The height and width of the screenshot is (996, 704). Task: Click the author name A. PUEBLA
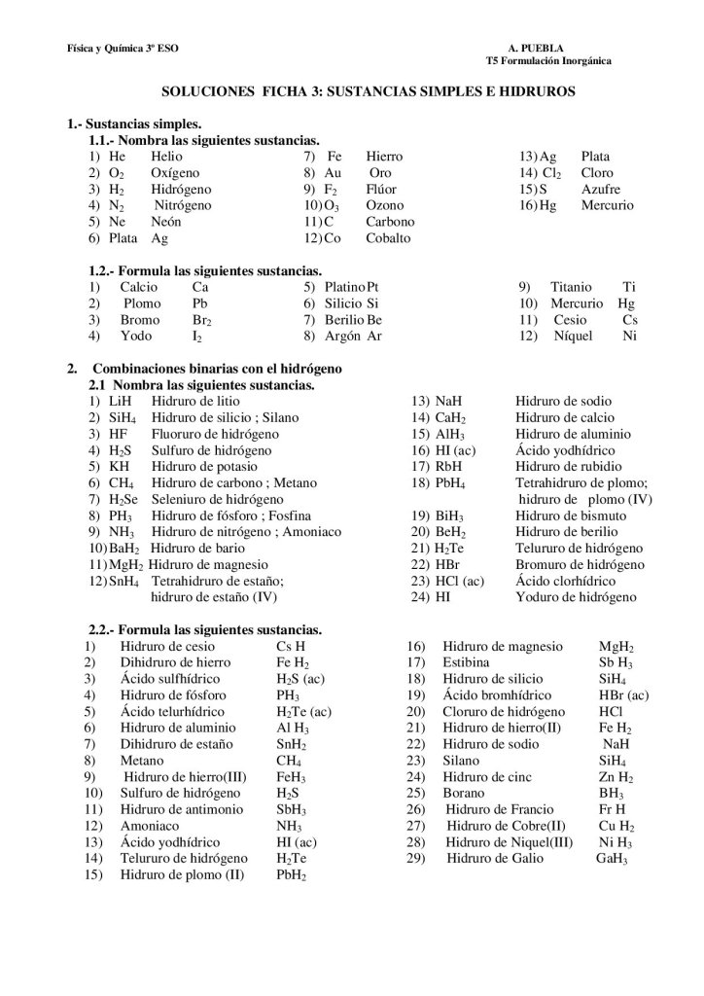tap(536, 48)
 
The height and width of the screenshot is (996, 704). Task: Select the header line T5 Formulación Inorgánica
tap(548, 60)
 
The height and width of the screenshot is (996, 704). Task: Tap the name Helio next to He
tap(166, 157)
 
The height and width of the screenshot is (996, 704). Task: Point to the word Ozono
tap(385, 205)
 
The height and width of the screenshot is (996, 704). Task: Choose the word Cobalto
tap(388, 238)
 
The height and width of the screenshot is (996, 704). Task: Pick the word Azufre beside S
tap(601, 189)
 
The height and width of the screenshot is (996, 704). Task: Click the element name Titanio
tap(570, 288)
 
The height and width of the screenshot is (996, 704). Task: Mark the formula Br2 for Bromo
tap(202, 321)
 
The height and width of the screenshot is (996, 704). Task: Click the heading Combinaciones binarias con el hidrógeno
tap(216, 370)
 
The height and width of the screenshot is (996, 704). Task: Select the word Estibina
tap(468, 662)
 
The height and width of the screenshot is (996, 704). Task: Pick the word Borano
tap(463, 793)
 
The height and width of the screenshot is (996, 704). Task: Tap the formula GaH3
tap(612, 859)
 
